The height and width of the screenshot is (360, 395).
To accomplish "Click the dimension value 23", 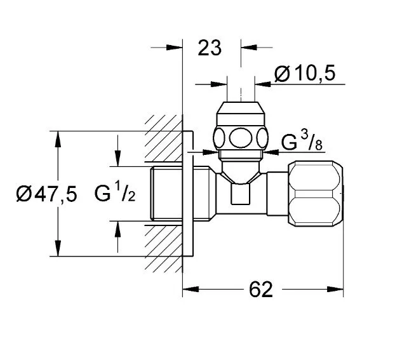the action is tap(210, 48).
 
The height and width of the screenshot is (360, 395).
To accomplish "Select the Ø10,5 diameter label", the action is tap(305, 73).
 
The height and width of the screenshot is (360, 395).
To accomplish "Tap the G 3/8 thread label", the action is tap(302, 142).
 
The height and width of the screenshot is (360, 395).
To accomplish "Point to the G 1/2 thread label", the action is tap(115, 193).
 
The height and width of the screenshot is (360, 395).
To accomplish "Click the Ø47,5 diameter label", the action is tap(46, 194).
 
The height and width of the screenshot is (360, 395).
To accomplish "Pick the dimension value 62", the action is tap(261, 290).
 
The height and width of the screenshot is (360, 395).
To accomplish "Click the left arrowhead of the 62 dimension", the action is tap(191, 289).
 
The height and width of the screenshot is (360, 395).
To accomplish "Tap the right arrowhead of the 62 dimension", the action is tap(335, 289).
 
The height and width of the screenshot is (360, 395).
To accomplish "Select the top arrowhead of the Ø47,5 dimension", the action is tap(58, 139).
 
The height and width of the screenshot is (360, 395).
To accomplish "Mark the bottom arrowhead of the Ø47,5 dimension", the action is tap(58, 248).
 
